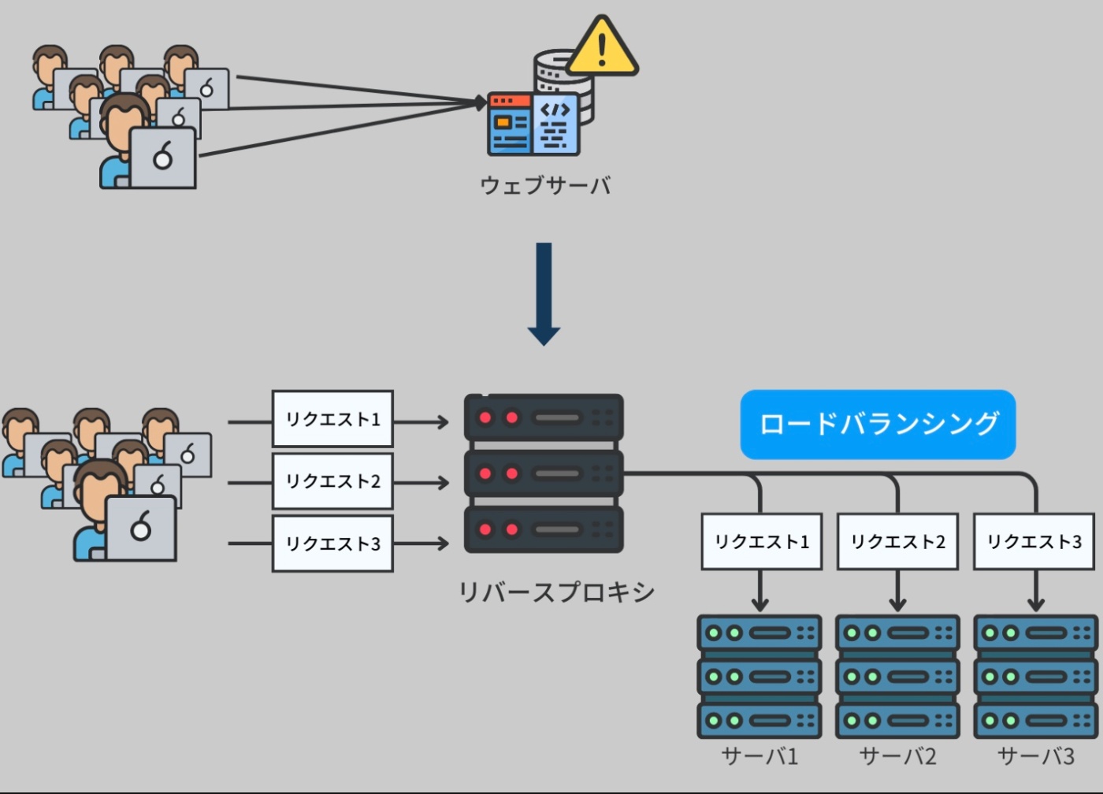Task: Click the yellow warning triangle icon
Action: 602,49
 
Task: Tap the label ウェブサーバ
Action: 545,185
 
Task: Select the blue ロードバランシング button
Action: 878,425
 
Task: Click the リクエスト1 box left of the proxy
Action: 332,419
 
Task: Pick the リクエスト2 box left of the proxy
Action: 332,481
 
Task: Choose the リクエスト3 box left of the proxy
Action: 332,544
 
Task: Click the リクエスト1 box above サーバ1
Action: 761,542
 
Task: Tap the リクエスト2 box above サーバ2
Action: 897,542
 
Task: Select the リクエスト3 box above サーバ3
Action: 1034,542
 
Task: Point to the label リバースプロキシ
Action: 556,592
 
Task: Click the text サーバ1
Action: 759,757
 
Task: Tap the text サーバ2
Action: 897,757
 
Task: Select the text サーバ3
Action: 1035,757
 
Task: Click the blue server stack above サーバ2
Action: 897,677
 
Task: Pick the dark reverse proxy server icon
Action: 544,473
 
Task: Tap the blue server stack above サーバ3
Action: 1035,677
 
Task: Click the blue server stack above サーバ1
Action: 759,677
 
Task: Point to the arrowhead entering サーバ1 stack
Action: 759,604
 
